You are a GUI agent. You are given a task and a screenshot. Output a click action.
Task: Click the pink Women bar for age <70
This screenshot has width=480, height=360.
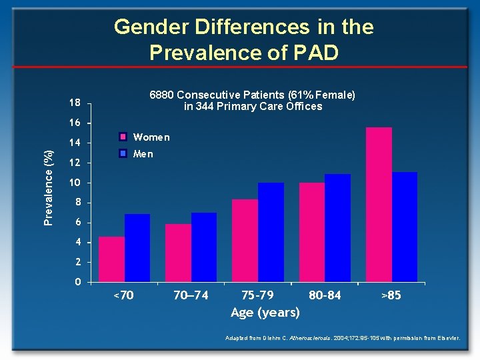[x=111, y=259]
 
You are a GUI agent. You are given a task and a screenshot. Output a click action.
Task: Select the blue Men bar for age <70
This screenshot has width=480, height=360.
[x=137, y=247]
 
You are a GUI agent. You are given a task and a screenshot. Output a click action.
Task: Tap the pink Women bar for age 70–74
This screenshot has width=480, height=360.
[x=178, y=253]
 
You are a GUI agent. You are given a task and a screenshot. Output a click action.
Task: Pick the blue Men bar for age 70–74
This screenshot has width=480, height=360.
[x=204, y=247]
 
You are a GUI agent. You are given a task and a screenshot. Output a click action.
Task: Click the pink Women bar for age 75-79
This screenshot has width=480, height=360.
[x=245, y=240]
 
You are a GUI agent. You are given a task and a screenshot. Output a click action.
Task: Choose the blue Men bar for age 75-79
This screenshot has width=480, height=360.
[x=271, y=231]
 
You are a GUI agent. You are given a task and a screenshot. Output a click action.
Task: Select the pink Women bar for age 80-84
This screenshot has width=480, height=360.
[x=311, y=231]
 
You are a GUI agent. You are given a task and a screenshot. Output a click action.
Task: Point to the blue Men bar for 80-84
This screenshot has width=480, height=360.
[x=337, y=227]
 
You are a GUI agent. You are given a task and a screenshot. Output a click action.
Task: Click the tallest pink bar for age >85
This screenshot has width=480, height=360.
[x=379, y=204]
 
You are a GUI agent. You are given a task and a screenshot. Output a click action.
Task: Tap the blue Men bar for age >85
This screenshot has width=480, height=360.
[x=405, y=227]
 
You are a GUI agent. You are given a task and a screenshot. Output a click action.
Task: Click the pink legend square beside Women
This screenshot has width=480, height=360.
[x=123, y=137]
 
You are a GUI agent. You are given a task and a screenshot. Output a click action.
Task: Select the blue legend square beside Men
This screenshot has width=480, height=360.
[x=123, y=154]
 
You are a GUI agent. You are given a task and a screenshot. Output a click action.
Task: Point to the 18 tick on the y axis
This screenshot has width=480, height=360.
[x=75, y=103]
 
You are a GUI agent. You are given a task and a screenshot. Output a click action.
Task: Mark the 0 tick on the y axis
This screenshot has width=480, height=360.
[x=78, y=282]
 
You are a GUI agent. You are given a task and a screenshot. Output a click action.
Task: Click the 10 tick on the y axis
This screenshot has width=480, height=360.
[x=75, y=183]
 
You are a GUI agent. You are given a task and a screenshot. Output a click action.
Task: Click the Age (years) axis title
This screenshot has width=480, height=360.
[x=265, y=312]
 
